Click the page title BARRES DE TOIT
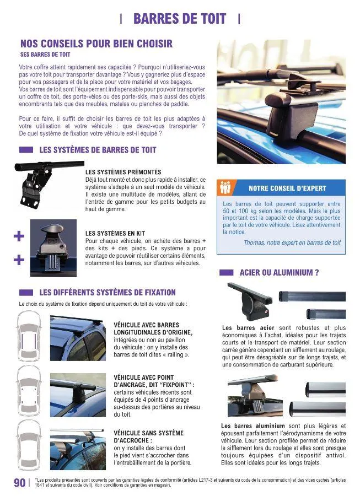(x=180, y=19)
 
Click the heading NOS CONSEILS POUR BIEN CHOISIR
(x=96, y=44)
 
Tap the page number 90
(x=19, y=483)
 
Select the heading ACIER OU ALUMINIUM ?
(x=280, y=272)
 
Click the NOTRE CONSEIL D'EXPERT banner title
(x=287, y=188)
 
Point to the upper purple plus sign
(x=19, y=237)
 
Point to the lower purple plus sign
(x=19, y=260)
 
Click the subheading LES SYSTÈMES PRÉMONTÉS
(x=123, y=172)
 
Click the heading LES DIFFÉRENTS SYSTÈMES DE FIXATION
(x=108, y=293)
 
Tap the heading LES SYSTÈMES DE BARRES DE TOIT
(x=98, y=149)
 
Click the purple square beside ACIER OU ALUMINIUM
(x=226, y=272)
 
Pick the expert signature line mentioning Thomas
(x=292, y=242)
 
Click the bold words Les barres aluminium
(x=253, y=426)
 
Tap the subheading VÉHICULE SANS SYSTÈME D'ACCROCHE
(x=148, y=437)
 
